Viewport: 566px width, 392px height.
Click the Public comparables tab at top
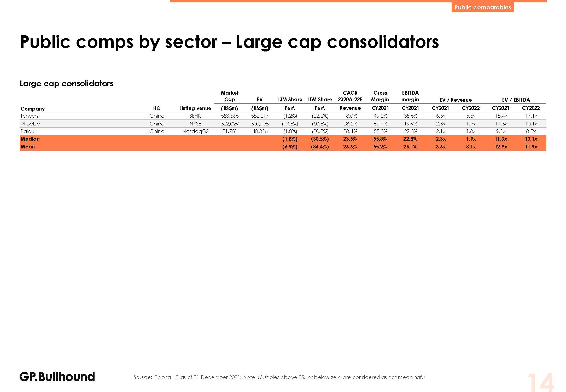coord(482,7)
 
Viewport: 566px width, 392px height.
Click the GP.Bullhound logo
coord(57,377)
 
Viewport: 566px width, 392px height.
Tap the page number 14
coord(540,382)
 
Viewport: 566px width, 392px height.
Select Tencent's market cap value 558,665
coord(230,116)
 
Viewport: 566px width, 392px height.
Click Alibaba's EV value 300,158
coord(260,124)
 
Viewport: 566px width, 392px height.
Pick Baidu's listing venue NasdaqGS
coord(195,131)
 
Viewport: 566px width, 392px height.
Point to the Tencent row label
coord(30,116)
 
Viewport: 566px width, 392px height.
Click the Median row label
coord(30,139)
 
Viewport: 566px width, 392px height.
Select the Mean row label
coord(28,147)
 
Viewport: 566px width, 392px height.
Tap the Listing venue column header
coord(195,108)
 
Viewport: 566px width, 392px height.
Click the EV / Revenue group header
coord(456,100)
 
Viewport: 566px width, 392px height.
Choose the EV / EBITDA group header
coord(516,100)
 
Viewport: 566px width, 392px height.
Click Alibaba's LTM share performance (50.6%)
coord(320,124)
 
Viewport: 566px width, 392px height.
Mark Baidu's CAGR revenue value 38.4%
coord(350,131)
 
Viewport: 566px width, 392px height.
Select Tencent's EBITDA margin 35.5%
coord(410,116)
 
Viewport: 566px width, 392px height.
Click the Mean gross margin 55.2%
coord(380,147)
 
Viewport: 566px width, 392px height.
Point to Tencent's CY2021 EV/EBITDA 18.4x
coord(501,116)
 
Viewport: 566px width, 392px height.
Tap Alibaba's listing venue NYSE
coord(195,124)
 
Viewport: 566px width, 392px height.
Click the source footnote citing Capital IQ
coord(279,377)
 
